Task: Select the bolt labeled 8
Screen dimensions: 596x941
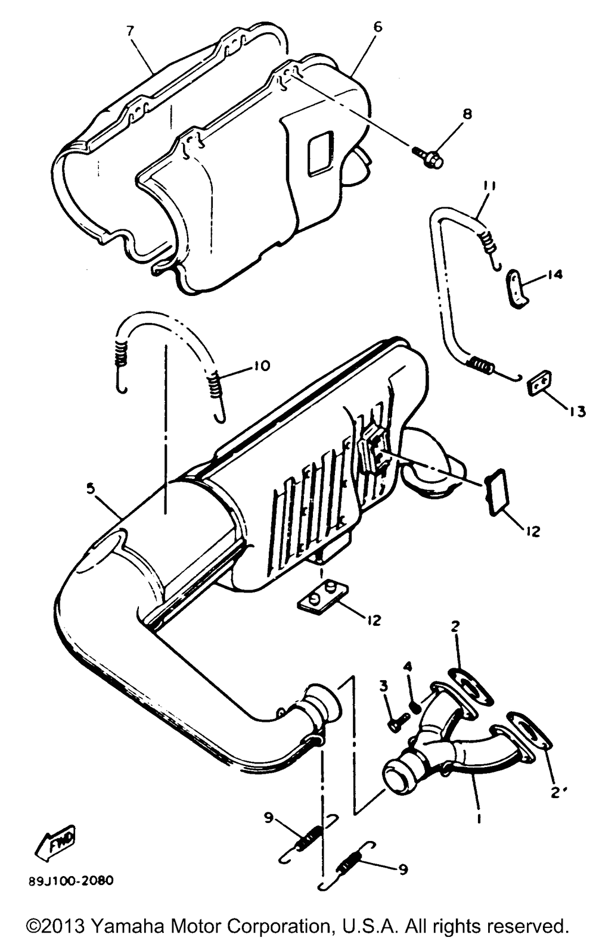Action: [428, 156]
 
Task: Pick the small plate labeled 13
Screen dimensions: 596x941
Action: [540, 382]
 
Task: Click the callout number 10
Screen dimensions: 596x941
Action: [261, 366]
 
